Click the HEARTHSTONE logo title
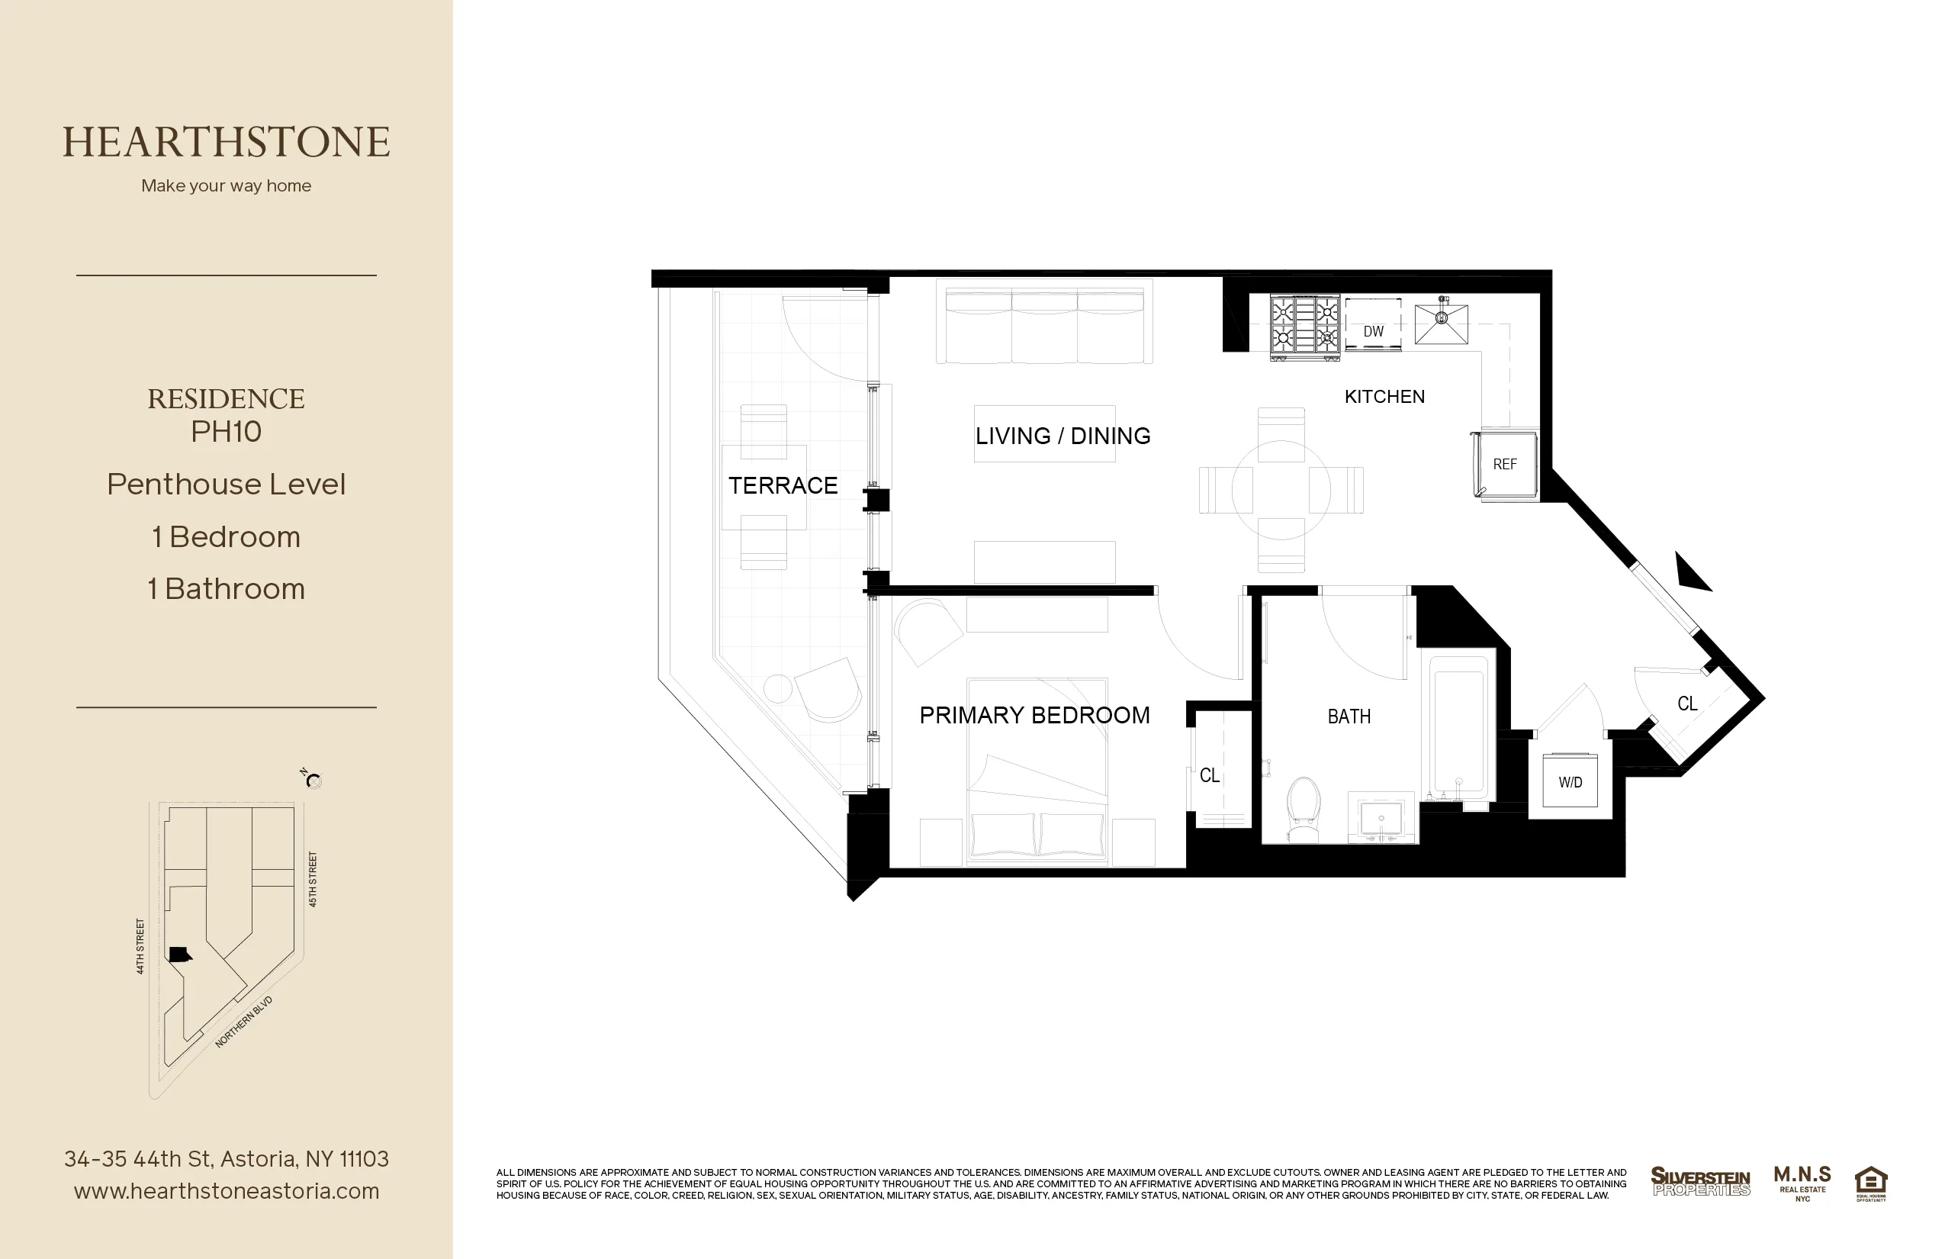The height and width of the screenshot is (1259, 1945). tap(227, 142)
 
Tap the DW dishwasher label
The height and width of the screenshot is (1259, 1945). tap(1373, 331)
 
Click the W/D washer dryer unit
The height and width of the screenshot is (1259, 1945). tap(1570, 781)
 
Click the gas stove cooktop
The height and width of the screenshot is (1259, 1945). tap(1305, 324)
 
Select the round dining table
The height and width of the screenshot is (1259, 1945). tap(1281, 490)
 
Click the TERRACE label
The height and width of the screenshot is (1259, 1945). tap(783, 485)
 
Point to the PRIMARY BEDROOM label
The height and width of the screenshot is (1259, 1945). tap(1034, 716)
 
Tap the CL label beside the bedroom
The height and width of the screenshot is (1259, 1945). tap(1210, 775)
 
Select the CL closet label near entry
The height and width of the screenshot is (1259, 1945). tap(1686, 703)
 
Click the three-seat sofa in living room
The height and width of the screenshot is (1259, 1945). tap(1044, 324)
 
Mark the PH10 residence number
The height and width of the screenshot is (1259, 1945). tap(227, 432)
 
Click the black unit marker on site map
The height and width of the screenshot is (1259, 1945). tap(180, 954)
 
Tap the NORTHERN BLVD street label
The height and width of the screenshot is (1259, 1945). tap(243, 1022)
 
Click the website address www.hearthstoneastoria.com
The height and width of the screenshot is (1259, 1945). tap(227, 1191)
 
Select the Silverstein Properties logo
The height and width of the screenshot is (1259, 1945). tap(1701, 1181)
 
